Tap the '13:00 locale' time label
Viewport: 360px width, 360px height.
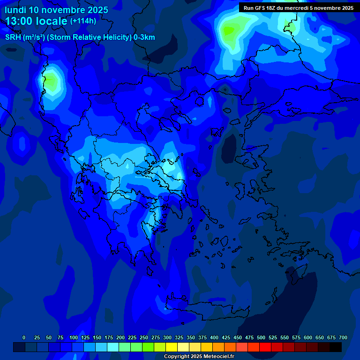pyautogui.click(x=36, y=21)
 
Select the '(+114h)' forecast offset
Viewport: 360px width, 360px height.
pyautogui.click(x=83, y=21)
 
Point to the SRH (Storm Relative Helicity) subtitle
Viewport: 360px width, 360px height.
pyautogui.click(x=80, y=37)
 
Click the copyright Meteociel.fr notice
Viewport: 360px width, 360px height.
pyautogui.click(x=199, y=356)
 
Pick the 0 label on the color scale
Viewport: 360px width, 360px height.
pyautogui.click(x=24, y=337)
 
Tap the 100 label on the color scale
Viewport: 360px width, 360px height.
pyautogui.click(x=74, y=337)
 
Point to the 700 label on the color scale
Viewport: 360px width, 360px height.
pyautogui.click(x=343, y=337)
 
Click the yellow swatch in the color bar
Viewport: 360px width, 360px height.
pyautogui.click(x=172, y=347)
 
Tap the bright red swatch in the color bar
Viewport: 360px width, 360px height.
pyautogui.click(x=265, y=347)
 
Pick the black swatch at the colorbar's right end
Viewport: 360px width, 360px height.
pyautogui.click(x=336, y=347)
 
